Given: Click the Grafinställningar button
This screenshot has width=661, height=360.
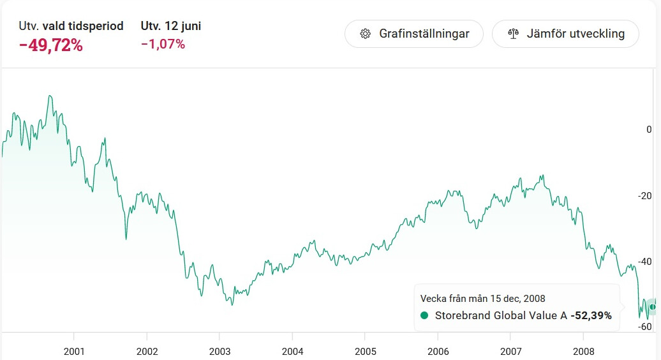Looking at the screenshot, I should click(x=414, y=34).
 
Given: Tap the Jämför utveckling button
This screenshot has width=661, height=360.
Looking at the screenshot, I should click(x=565, y=34).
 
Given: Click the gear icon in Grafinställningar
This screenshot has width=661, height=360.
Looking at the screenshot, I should click(x=366, y=34).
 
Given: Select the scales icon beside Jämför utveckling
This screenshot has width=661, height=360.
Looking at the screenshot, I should click(x=513, y=34).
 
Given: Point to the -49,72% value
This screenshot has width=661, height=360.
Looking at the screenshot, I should click(x=51, y=45).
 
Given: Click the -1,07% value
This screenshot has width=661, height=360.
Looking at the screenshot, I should click(x=163, y=44).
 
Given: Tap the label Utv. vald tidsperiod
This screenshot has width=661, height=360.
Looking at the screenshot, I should click(x=71, y=26).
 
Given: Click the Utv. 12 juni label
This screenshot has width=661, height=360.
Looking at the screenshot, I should click(x=171, y=26).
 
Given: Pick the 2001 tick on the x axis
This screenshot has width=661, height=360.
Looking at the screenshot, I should click(x=74, y=351).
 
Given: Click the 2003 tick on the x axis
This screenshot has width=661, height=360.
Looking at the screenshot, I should click(x=219, y=351).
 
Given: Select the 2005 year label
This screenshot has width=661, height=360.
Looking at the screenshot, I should click(x=365, y=351).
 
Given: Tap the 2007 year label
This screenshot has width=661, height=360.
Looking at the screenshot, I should click(x=510, y=351).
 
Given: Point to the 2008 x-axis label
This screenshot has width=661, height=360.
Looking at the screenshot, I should click(x=583, y=351).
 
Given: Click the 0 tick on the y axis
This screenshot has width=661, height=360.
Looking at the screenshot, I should click(x=649, y=130).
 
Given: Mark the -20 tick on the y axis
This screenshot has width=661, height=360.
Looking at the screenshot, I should click(x=645, y=196).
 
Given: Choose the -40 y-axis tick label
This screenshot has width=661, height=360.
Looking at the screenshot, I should click(x=645, y=262).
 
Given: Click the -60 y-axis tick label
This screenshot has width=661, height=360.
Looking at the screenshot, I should click(x=645, y=327).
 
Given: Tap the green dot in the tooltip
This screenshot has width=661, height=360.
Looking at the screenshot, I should click(x=425, y=315).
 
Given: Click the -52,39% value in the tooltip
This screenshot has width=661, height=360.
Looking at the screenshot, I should click(x=591, y=315).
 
